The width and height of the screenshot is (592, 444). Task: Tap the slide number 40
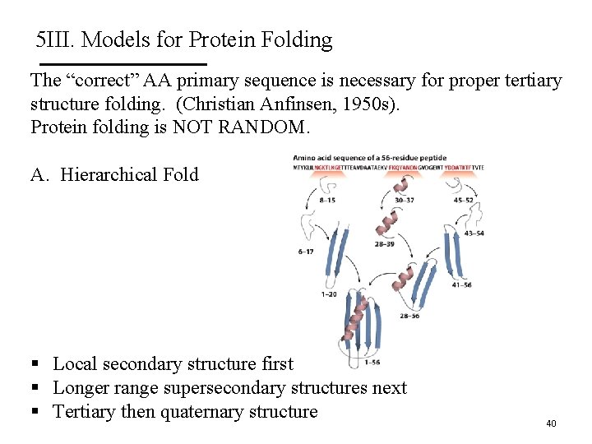(x=551, y=423)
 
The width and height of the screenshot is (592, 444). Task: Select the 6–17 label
(x=305, y=252)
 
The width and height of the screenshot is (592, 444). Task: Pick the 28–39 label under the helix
(x=385, y=244)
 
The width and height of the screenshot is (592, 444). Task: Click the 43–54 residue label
(x=474, y=234)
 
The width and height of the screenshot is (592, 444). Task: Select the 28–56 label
(x=409, y=316)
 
